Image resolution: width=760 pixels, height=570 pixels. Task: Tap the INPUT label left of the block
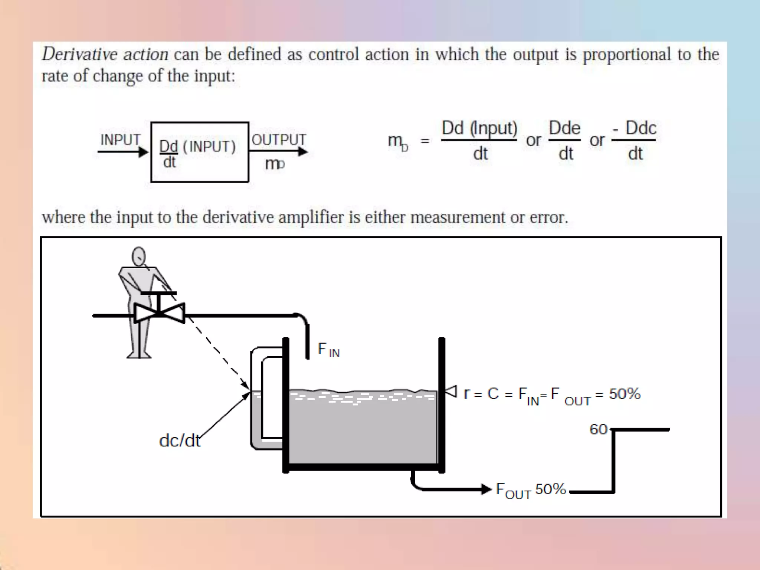pos(120,140)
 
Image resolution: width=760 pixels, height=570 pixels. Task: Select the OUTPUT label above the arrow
pos(279,140)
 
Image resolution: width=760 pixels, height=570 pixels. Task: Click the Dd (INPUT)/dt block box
pos(200,152)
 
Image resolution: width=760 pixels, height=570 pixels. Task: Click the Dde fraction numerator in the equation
pos(564,128)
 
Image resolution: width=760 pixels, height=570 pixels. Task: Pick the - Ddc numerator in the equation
pos(635,128)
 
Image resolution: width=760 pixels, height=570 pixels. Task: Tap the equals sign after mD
pos(425,141)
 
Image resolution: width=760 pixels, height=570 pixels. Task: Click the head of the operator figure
pos(139,256)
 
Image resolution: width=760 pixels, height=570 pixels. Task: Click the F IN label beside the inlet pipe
pos(328,350)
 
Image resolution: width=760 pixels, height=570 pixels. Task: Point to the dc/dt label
pos(180,441)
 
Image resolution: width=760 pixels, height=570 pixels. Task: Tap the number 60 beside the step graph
pos(598,430)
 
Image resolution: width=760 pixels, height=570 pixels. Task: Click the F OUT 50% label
pos(531,490)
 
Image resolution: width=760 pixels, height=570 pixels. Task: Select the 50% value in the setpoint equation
pos(625,394)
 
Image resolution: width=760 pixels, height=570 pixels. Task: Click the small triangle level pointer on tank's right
pos(451,391)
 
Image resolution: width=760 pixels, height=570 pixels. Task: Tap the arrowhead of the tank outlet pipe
pos(486,489)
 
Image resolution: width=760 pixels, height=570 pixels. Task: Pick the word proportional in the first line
pos(626,55)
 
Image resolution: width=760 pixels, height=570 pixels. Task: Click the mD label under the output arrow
pos(275,164)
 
